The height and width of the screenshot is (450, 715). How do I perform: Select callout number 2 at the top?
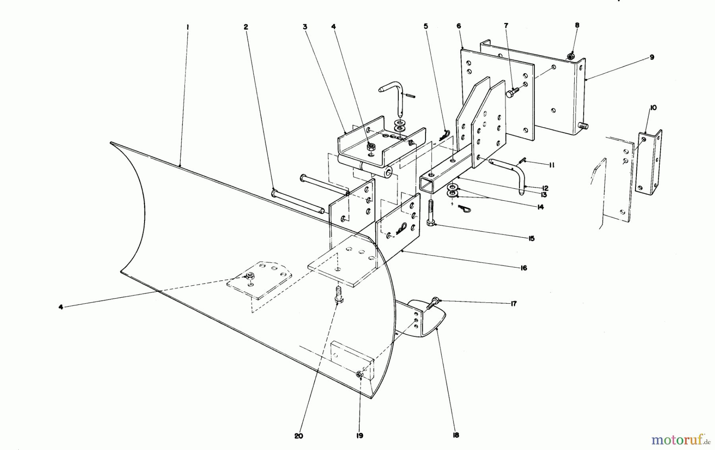[246, 27]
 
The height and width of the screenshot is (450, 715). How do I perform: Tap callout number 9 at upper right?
[652, 57]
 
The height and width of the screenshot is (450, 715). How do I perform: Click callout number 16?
[524, 268]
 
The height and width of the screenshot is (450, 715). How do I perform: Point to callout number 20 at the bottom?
[299, 436]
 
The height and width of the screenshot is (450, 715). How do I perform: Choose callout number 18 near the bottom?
[456, 435]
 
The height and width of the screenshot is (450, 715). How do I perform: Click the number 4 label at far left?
[61, 307]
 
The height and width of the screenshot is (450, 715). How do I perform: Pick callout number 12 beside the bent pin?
[545, 188]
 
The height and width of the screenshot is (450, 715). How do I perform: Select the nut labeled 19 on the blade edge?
[359, 374]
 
